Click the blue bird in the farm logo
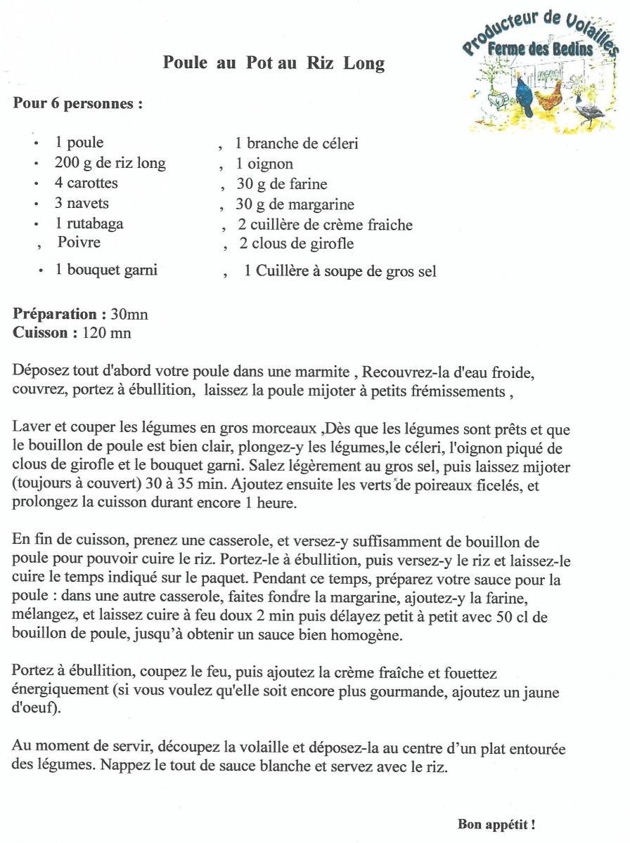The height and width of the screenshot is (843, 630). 524,94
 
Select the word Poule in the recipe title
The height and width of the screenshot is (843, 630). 185,63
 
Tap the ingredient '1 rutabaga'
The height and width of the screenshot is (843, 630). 89,224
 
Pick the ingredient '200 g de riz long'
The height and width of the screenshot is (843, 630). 110,164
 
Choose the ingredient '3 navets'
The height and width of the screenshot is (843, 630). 82,204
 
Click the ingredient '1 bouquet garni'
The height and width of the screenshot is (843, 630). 106,270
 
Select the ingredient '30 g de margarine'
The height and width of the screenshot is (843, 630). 295,205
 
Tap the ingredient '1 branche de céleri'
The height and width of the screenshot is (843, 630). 297,144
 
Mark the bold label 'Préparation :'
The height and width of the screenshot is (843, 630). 60,314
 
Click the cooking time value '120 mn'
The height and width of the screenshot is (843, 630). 106,332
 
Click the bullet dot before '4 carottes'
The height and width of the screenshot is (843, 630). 35,184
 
